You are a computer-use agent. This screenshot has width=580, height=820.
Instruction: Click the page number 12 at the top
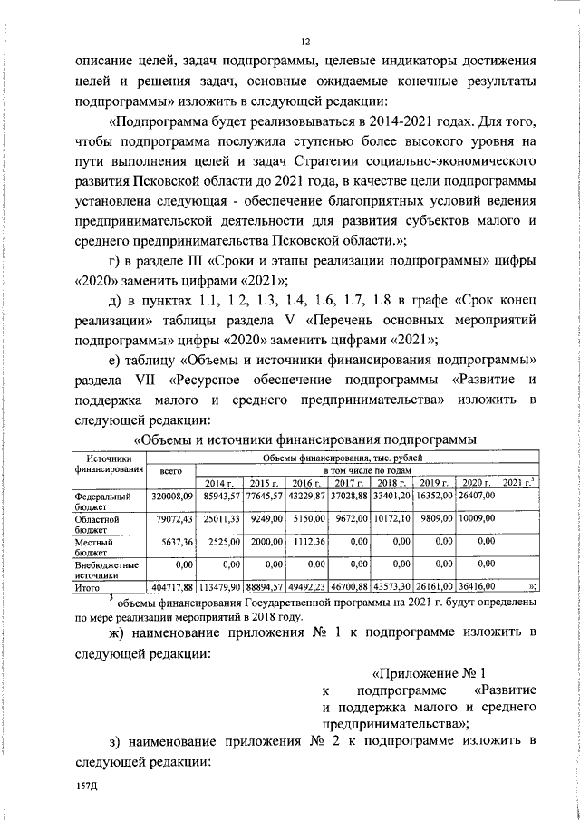(x=305, y=41)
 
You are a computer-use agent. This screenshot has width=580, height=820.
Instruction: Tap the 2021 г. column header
(x=520, y=482)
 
